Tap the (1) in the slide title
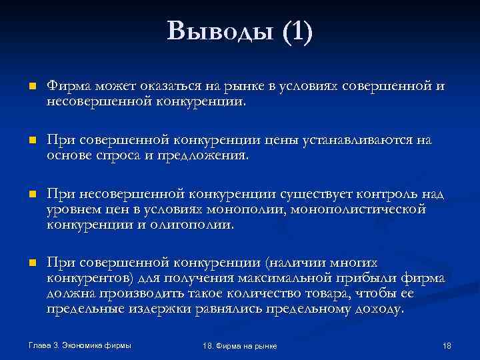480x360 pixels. click(x=296, y=32)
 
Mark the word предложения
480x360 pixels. click(x=203, y=155)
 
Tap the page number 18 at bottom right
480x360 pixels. click(x=447, y=346)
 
